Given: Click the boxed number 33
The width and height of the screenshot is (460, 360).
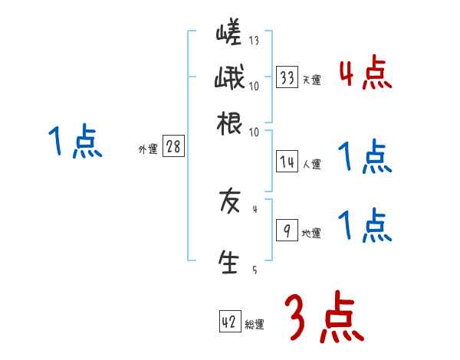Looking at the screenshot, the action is click(287, 78).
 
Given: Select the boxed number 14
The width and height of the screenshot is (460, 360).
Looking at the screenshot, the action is click(287, 162).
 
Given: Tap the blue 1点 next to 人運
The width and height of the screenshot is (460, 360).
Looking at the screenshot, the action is click(365, 159).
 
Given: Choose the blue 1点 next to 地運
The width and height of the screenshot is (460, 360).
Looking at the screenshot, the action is click(365, 226).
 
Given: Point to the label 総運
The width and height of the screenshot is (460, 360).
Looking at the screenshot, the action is click(255, 325).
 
